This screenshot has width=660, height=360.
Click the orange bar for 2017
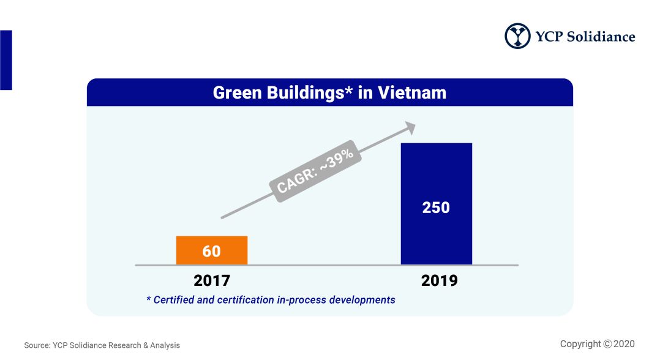point(212,250)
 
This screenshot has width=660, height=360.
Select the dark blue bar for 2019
point(437,204)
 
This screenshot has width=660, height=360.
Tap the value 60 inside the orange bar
point(211,252)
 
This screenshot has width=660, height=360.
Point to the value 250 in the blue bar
point(436,208)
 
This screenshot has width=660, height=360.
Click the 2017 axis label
point(212,281)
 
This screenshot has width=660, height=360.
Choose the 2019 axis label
point(440,281)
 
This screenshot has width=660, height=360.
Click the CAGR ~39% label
point(315,171)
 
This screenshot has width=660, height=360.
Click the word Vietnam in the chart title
point(411,92)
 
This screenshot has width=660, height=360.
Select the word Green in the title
point(238,92)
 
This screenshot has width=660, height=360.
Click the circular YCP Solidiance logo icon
point(517,36)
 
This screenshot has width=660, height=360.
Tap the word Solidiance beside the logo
point(601,37)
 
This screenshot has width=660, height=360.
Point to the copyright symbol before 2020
point(607,344)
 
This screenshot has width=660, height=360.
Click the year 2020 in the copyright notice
point(624,344)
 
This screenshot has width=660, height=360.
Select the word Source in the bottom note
point(37,345)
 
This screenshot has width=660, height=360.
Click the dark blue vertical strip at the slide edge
point(6,60)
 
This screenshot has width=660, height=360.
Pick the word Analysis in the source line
point(165,345)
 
